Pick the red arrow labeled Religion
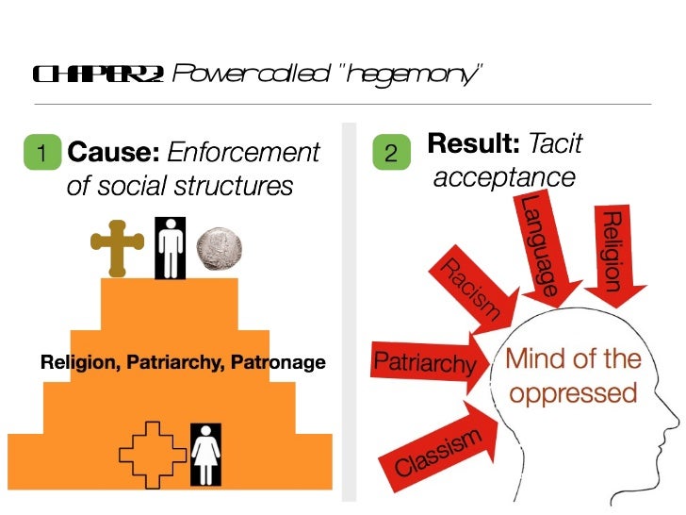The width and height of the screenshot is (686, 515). click(613, 252)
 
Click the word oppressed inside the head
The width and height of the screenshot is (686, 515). click(573, 391)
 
